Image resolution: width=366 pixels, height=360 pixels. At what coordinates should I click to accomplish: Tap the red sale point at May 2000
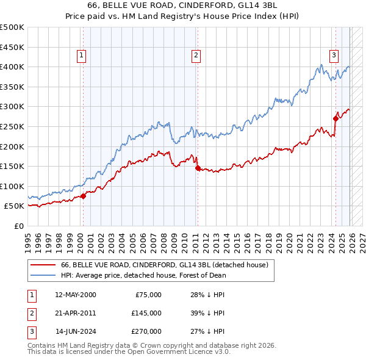pos(83,196)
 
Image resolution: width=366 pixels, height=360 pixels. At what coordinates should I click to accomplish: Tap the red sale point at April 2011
pos(197,168)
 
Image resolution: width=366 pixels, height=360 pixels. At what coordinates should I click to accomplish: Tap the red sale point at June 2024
pos(335,118)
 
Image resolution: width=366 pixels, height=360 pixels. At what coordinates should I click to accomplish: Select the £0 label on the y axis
pos(18,226)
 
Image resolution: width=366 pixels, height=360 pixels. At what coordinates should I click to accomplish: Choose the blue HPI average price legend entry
pos(143,275)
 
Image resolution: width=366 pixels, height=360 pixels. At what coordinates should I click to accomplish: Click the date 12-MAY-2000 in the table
pos(76,295)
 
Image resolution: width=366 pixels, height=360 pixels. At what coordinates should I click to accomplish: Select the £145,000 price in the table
pos(146,313)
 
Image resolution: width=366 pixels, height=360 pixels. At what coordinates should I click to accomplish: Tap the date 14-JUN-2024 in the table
pos(76,331)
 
